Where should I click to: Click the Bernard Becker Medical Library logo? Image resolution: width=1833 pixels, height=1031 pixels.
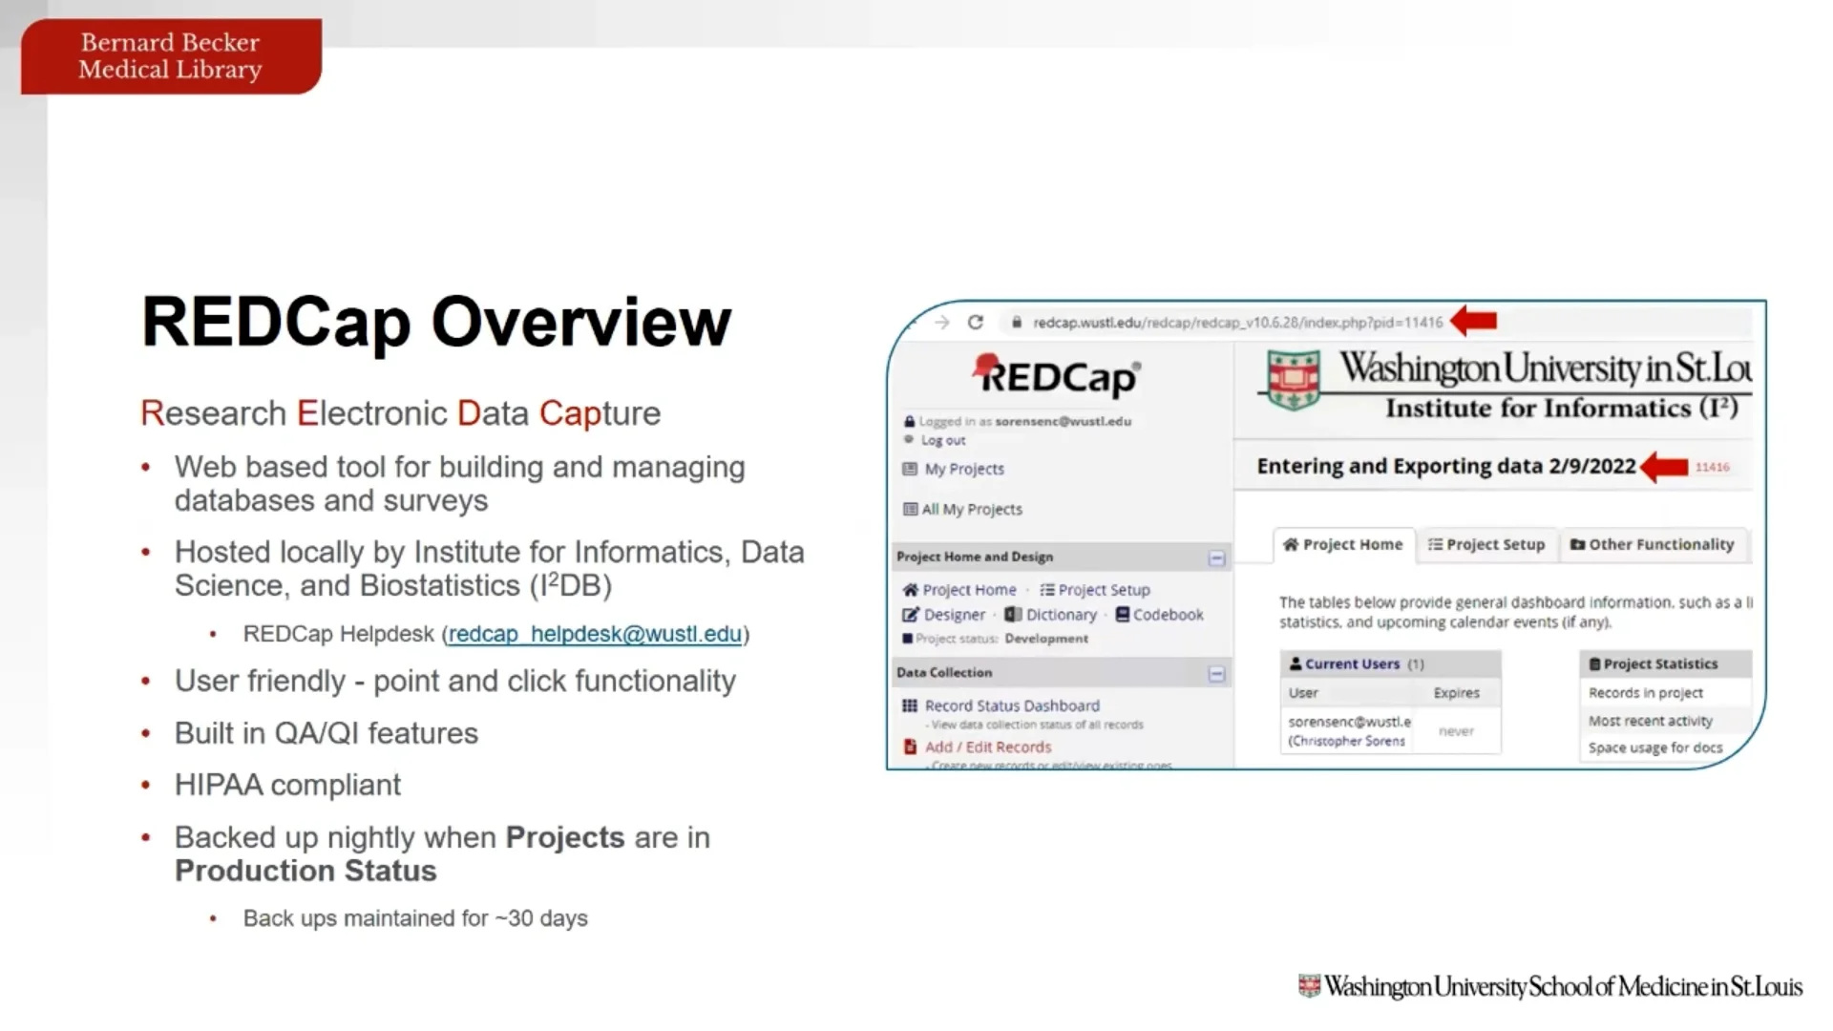(171, 56)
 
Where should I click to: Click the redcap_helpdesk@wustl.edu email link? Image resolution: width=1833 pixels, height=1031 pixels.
(595, 634)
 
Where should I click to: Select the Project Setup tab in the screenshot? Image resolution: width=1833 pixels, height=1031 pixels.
(1485, 544)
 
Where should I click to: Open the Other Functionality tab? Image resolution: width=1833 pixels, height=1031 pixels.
(1652, 544)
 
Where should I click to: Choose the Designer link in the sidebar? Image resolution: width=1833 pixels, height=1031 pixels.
(944, 615)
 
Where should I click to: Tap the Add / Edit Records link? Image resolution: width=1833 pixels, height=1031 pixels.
(987, 747)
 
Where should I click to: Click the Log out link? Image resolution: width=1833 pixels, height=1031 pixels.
(942, 440)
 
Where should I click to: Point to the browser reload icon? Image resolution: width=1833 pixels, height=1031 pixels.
(975, 323)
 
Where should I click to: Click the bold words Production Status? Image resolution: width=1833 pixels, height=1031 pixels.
(305, 871)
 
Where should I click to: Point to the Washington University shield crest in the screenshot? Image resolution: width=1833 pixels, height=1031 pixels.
(1293, 379)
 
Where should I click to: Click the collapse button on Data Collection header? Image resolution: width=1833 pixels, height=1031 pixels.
(1216, 674)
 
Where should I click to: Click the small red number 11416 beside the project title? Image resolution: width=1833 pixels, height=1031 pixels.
(1712, 467)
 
